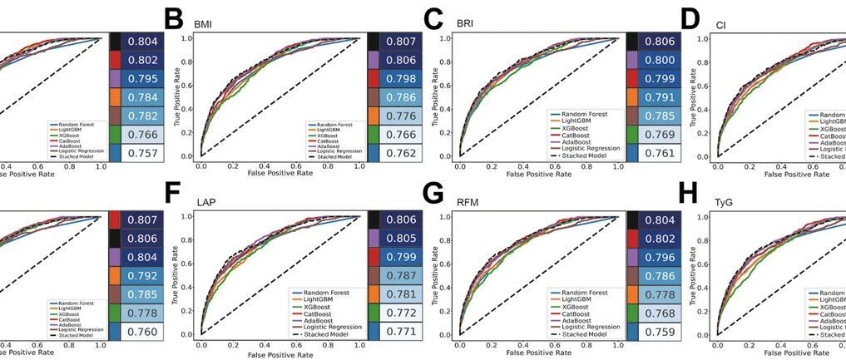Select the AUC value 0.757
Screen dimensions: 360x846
pos(139,153)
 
